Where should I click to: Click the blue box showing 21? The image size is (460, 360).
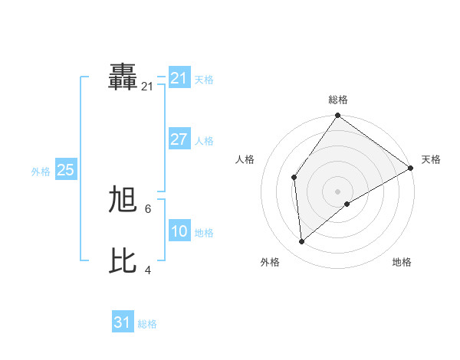(x=179, y=78)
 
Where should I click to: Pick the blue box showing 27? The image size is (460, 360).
(x=179, y=139)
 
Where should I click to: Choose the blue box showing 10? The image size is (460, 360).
(x=179, y=231)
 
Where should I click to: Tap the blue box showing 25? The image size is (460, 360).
(x=66, y=170)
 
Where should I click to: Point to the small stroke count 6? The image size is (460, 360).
(x=148, y=208)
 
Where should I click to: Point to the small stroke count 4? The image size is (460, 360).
(x=148, y=269)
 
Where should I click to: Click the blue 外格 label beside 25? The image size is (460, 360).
(x=41, y=172)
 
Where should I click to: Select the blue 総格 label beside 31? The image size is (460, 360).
(x=147, y=324)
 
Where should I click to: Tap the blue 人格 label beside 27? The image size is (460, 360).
(x=204, y=141)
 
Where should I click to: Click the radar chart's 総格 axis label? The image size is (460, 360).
(x=338, y=100)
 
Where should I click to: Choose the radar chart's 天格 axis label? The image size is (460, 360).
(x=431, y=159)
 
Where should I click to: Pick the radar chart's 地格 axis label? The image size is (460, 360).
(x=402, y=262)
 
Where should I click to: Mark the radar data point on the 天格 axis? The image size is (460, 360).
(x=411, y=168)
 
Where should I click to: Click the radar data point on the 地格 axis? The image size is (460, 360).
(x=347, y=204)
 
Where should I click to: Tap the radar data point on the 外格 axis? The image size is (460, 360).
(x=302, y=242)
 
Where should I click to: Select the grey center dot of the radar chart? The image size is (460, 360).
(x=338, y=191)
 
